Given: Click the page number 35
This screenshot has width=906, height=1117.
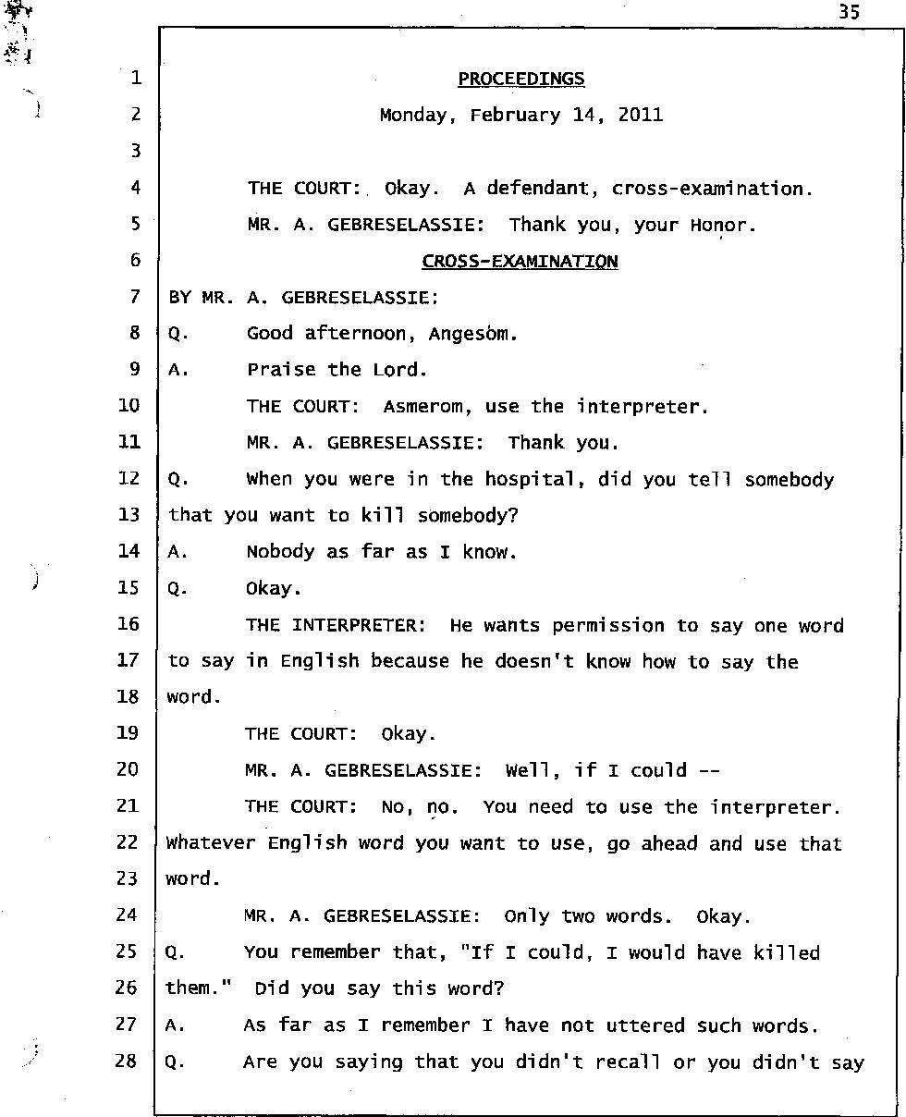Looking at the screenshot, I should pyautogui.click(x=850, y=12).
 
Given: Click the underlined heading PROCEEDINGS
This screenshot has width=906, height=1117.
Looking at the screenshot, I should pyautogui.click(x=521, y=79).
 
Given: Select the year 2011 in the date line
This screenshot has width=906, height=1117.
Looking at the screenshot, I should pyautogui.click(x=640, y=116).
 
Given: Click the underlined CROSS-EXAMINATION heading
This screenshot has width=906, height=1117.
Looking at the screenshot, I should pyautogui.click(x=520, y=262).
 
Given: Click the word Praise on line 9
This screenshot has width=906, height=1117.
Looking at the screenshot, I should pyautogui.click(x=281, y=370).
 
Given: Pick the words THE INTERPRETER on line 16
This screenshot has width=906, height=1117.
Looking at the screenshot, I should pyautogui.click(x=332, y=625).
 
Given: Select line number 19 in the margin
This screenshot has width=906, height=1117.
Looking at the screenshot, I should pyautogui.click(x=128, y=733).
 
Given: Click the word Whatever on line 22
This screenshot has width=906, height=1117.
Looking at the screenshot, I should pyautogui.click(x=212, y=843).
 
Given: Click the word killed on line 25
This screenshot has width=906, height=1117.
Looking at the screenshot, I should pyautogui.click(x=786, y=952).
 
